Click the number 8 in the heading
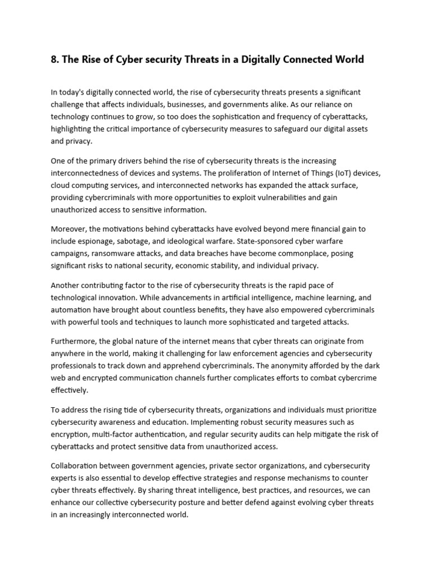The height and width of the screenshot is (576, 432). (x=54, y=59)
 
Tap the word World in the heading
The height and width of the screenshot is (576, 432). (x=348, y=59)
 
